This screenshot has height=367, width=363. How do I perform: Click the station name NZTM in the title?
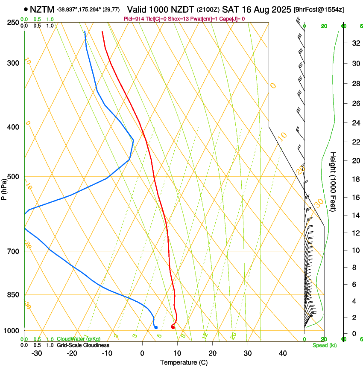42,9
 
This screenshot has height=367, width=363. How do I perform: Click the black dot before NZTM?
26,9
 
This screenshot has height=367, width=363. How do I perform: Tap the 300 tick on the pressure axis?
13,63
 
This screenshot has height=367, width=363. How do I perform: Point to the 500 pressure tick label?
13,177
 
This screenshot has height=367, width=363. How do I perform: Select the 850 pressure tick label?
13,295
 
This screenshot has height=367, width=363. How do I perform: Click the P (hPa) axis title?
4,188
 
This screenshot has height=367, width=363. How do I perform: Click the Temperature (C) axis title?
184,362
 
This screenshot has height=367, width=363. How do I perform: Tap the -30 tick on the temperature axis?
37,353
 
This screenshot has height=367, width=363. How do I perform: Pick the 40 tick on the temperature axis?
282,353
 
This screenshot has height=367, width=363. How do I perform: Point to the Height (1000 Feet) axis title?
334,181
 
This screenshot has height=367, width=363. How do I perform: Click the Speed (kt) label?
323,345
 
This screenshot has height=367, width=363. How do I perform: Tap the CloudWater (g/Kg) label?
79,339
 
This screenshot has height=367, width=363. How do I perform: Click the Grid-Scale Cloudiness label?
83,345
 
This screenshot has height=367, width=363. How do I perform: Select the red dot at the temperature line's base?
173,327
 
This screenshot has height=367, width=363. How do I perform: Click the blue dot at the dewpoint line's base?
156,327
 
